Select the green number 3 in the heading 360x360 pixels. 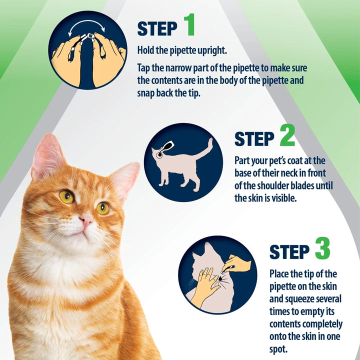click(322, 248)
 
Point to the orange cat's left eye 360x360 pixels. click(66, 196)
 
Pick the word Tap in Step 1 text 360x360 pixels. click(145, 67)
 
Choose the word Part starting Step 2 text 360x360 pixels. click(243, 161)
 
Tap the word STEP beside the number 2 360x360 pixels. click(253, 139)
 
